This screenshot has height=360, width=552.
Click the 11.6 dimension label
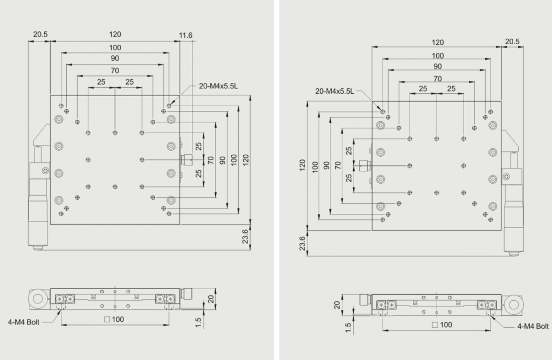coord(185,35)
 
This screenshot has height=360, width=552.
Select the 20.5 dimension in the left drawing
coord(40,34)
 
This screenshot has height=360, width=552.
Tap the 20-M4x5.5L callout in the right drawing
coord(334,91)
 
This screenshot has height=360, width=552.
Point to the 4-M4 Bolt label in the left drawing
coord(24,322)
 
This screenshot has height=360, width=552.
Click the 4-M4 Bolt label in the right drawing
coord(533,326)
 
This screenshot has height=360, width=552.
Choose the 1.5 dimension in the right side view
coord(348,328)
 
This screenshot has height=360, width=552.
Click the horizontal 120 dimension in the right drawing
coord(438,42)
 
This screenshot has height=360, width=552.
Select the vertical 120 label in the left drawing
coord(246,160)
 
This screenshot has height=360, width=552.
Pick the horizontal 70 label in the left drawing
coord(115,71)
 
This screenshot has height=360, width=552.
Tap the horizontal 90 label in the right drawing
coord(437,66)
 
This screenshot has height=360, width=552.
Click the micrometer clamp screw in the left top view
coord(45,171)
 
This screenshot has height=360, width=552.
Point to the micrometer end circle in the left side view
coord(37,299)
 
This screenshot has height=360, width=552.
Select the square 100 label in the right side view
coord(442,325)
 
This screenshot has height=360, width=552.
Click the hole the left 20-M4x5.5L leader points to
coord(169,106)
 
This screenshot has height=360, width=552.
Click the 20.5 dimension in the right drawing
coord(512,41)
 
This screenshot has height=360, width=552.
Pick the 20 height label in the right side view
coord(337,304)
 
